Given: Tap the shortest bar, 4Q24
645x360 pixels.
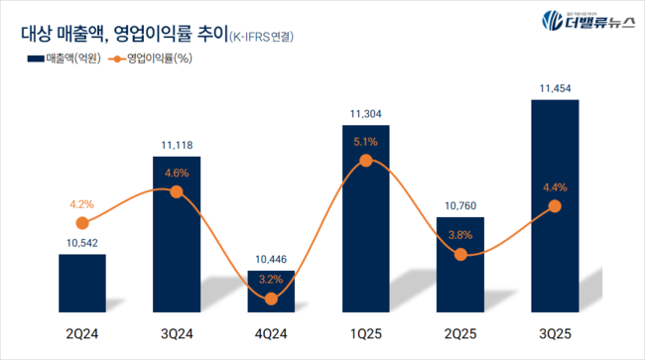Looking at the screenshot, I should pos(271,295).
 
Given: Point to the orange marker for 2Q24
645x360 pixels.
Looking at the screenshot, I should pos(81,223).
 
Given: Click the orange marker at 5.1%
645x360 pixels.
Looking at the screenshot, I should pos(365,161).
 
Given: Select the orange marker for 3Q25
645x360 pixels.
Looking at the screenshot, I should pos(555,206).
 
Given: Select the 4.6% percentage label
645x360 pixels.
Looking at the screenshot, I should pos(177,174).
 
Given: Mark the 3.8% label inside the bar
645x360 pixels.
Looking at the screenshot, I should pos(459,236).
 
